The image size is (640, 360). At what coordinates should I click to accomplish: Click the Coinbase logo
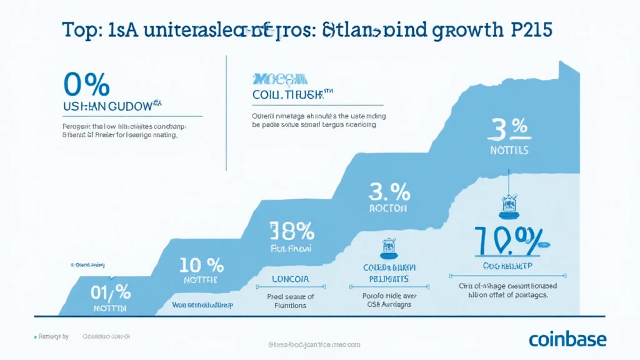[x=567, y=339]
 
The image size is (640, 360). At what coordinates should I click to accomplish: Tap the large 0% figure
[x=87, y=85]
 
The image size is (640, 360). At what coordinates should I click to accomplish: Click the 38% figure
[x=291, y=231]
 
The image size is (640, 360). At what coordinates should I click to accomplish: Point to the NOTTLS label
[x=509, y=151]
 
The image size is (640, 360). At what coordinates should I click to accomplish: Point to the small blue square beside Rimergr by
[x=35, y=336]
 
